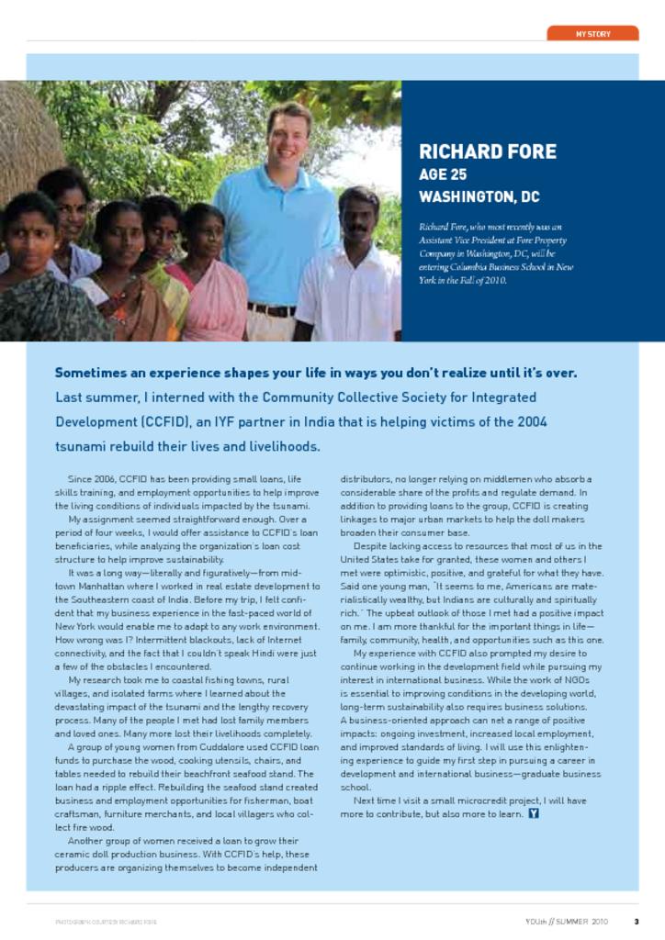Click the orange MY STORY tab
click(x=592, y=33)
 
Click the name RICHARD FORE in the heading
click(x=487, y=151)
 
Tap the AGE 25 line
click(x=443, y=174)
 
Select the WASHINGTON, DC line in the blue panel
click(x=479, y=196)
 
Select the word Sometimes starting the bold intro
click(x=95, y=373)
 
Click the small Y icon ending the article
click(x=534, y=814)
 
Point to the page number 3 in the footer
click(x=636, y=921)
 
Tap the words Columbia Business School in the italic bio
click(x=500, y=267)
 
